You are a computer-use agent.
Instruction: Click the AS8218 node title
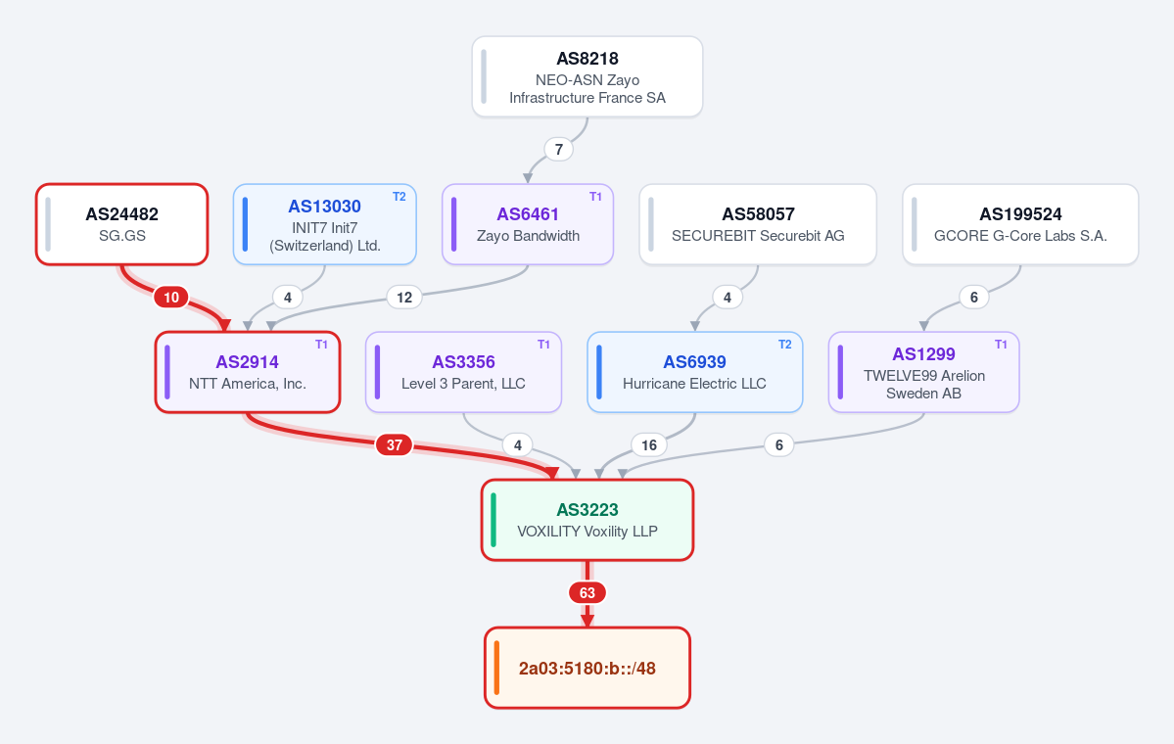tap(587, 59)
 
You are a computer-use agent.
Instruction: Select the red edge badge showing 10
tap(171, 298)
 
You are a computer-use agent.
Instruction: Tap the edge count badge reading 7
tap(558, 149)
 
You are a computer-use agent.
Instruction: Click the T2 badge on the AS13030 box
tap(399, 196)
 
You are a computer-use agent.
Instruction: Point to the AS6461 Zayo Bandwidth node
tap(528, 224)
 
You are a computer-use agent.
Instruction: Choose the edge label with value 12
tap(404, 298)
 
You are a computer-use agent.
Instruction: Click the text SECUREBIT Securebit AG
tap(758, 236)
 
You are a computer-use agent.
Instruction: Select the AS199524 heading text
tap(1020, 214)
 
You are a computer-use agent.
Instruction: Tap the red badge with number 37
tap(395, 445)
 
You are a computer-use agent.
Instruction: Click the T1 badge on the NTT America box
tap(321, 345)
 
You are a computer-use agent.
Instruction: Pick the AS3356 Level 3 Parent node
tap(463, 372)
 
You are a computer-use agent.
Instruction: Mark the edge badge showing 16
tap(649, 445)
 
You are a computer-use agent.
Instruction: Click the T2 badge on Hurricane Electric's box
tap(784, 345)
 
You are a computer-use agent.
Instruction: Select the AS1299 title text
tap(924, 354)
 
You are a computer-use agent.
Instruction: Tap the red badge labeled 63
tap(587, 593)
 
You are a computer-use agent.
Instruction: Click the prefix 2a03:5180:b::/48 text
tap(587, 669)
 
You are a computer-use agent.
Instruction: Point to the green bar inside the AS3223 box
tap(493, 520)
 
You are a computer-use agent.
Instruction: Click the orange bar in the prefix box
tap(496, 668)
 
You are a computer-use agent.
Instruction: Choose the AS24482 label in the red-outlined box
tap(122, 214)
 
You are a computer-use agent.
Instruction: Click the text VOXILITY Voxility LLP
tap(587, 532)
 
